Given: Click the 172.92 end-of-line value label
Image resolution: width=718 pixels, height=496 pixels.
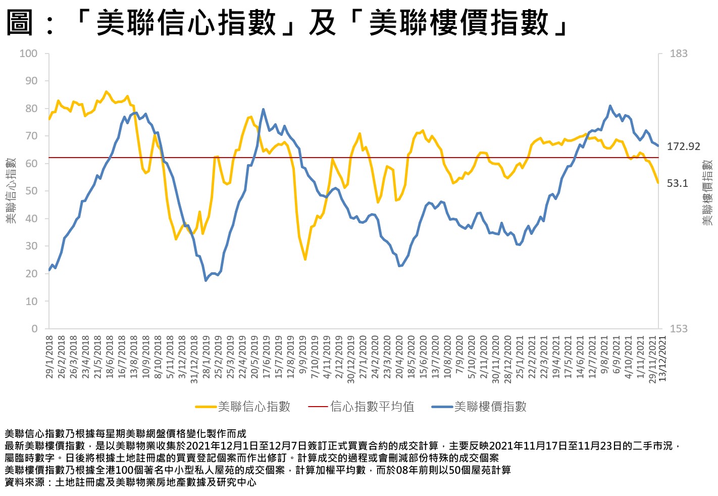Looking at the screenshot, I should [x=684, y=146].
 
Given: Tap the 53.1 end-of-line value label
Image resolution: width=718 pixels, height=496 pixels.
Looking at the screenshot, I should [x=678, y=183].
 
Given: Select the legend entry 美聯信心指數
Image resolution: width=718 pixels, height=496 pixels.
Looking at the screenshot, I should [x=253, y=407].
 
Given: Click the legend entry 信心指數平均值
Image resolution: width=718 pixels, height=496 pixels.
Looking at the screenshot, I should [x=372, y=407].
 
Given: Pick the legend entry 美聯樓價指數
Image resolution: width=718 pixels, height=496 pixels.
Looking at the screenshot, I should [x=490, y=407].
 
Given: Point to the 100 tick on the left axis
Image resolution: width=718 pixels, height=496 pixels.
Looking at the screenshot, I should [x=28, y=54].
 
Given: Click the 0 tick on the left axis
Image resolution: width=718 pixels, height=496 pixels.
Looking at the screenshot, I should [x=34, y=329].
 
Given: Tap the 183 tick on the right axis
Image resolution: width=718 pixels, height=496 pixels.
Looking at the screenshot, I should [x=679, y=54].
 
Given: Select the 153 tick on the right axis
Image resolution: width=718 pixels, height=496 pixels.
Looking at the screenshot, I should [x=679, y=329].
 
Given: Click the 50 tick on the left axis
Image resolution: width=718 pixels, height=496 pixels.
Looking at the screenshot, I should [x=31, y=191].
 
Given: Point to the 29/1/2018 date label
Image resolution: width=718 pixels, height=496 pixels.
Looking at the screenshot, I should [x=49, y=357].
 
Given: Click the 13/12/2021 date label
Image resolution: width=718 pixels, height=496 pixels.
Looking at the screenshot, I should [x=663, y=359].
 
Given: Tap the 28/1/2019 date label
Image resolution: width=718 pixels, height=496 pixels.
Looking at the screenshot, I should [x=207, y=357].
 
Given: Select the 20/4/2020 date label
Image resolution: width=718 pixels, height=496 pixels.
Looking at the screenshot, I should [x=399, y=357].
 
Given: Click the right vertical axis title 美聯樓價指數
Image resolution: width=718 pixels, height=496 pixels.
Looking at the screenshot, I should [x=707, y=192].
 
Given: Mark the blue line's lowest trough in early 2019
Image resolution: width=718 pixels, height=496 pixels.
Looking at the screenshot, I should [x=206, y=280].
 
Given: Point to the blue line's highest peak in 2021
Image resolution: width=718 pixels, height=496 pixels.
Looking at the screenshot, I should [x=610, y=106].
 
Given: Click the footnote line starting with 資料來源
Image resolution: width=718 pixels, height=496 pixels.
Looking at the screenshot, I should [x=130, y=482].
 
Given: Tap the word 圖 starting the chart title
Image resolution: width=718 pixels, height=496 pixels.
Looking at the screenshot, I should [x=20, y=23].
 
